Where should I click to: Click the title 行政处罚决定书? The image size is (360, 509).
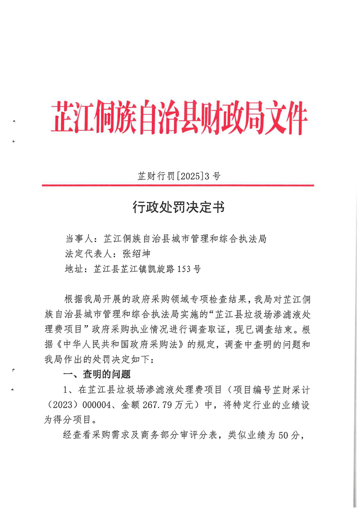pos(178,208)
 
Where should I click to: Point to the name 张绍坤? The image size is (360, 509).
pos(136,253)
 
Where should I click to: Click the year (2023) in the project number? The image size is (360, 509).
pos(60,405)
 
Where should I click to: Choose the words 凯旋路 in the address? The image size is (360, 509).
pos(164,268)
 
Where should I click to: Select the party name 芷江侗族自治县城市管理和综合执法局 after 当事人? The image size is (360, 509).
pos(184,238)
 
